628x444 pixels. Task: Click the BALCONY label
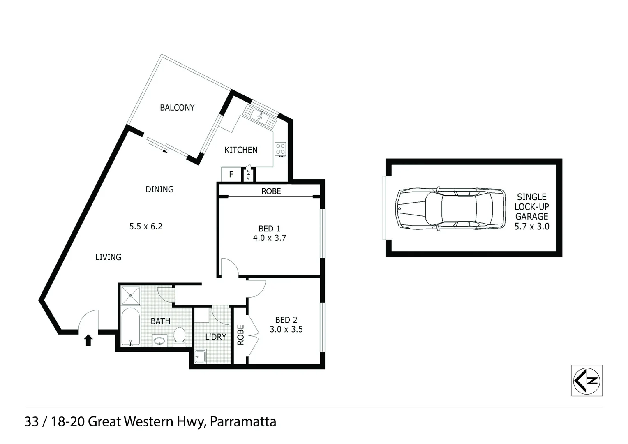(x=177, y=108)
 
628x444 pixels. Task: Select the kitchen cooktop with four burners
(x=281, y=149)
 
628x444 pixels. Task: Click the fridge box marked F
(x=231, y=174)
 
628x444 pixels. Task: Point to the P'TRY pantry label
(x=249, y=175)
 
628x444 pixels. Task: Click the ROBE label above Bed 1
(x=271, y=191)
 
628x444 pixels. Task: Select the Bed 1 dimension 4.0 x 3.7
(x=269, y=238)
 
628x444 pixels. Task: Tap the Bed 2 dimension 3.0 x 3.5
(x=286, y=329)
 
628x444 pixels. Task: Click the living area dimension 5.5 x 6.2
(x=146, y=226)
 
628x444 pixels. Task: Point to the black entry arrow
(x=88, y=340)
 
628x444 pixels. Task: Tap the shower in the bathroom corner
(x=131, y=295)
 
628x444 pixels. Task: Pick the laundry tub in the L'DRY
(x=200, y=356)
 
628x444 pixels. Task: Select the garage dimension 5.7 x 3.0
(x=531, y=227)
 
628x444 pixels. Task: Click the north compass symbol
(x=587, y=380)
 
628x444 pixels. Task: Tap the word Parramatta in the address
(x=243, y=422)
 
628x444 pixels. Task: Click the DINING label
(x=159, y=190)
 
